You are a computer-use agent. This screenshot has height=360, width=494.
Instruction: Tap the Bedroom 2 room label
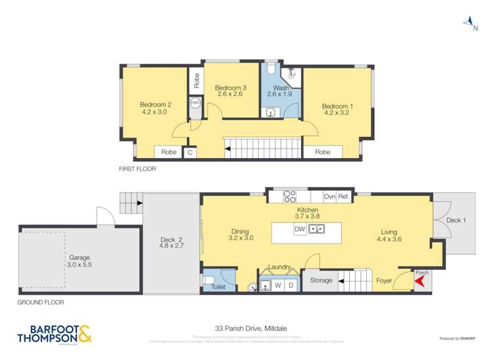(x=155, y=104)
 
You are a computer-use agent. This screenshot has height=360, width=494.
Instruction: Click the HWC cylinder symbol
(x=196, y=103)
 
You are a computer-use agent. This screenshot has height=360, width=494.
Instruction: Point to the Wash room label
(x=281, y=88)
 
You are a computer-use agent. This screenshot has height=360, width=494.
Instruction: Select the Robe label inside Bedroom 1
(x=322, y=152)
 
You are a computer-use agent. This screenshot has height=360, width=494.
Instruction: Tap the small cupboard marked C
(x=190, y=153)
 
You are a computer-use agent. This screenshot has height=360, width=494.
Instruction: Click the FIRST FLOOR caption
(x=137, y=168)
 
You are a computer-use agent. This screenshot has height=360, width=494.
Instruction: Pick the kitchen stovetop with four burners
(x=288, y=195)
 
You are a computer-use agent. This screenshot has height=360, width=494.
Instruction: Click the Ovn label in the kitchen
(x=329, y=196)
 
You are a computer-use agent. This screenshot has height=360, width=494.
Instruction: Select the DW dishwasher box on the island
(x=299, y=229)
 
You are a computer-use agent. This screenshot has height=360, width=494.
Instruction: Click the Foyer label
(x=385, y=280)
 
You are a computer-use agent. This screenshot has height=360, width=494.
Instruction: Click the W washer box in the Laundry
(x=278, y=285)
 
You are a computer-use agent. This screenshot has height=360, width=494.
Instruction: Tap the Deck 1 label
(x=456, y=220)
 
